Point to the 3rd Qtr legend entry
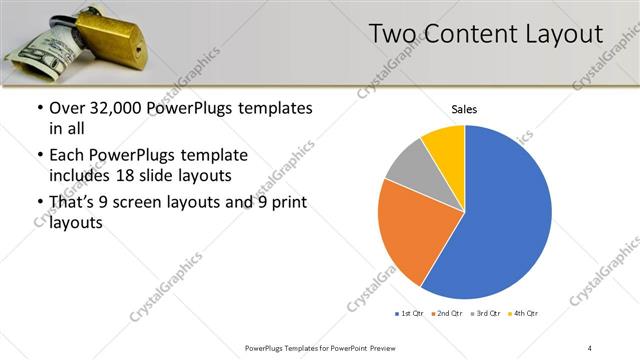(486, 314)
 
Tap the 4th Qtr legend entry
(524, 314)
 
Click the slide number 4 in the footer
(590, 347)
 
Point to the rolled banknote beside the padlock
(45, 45)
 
